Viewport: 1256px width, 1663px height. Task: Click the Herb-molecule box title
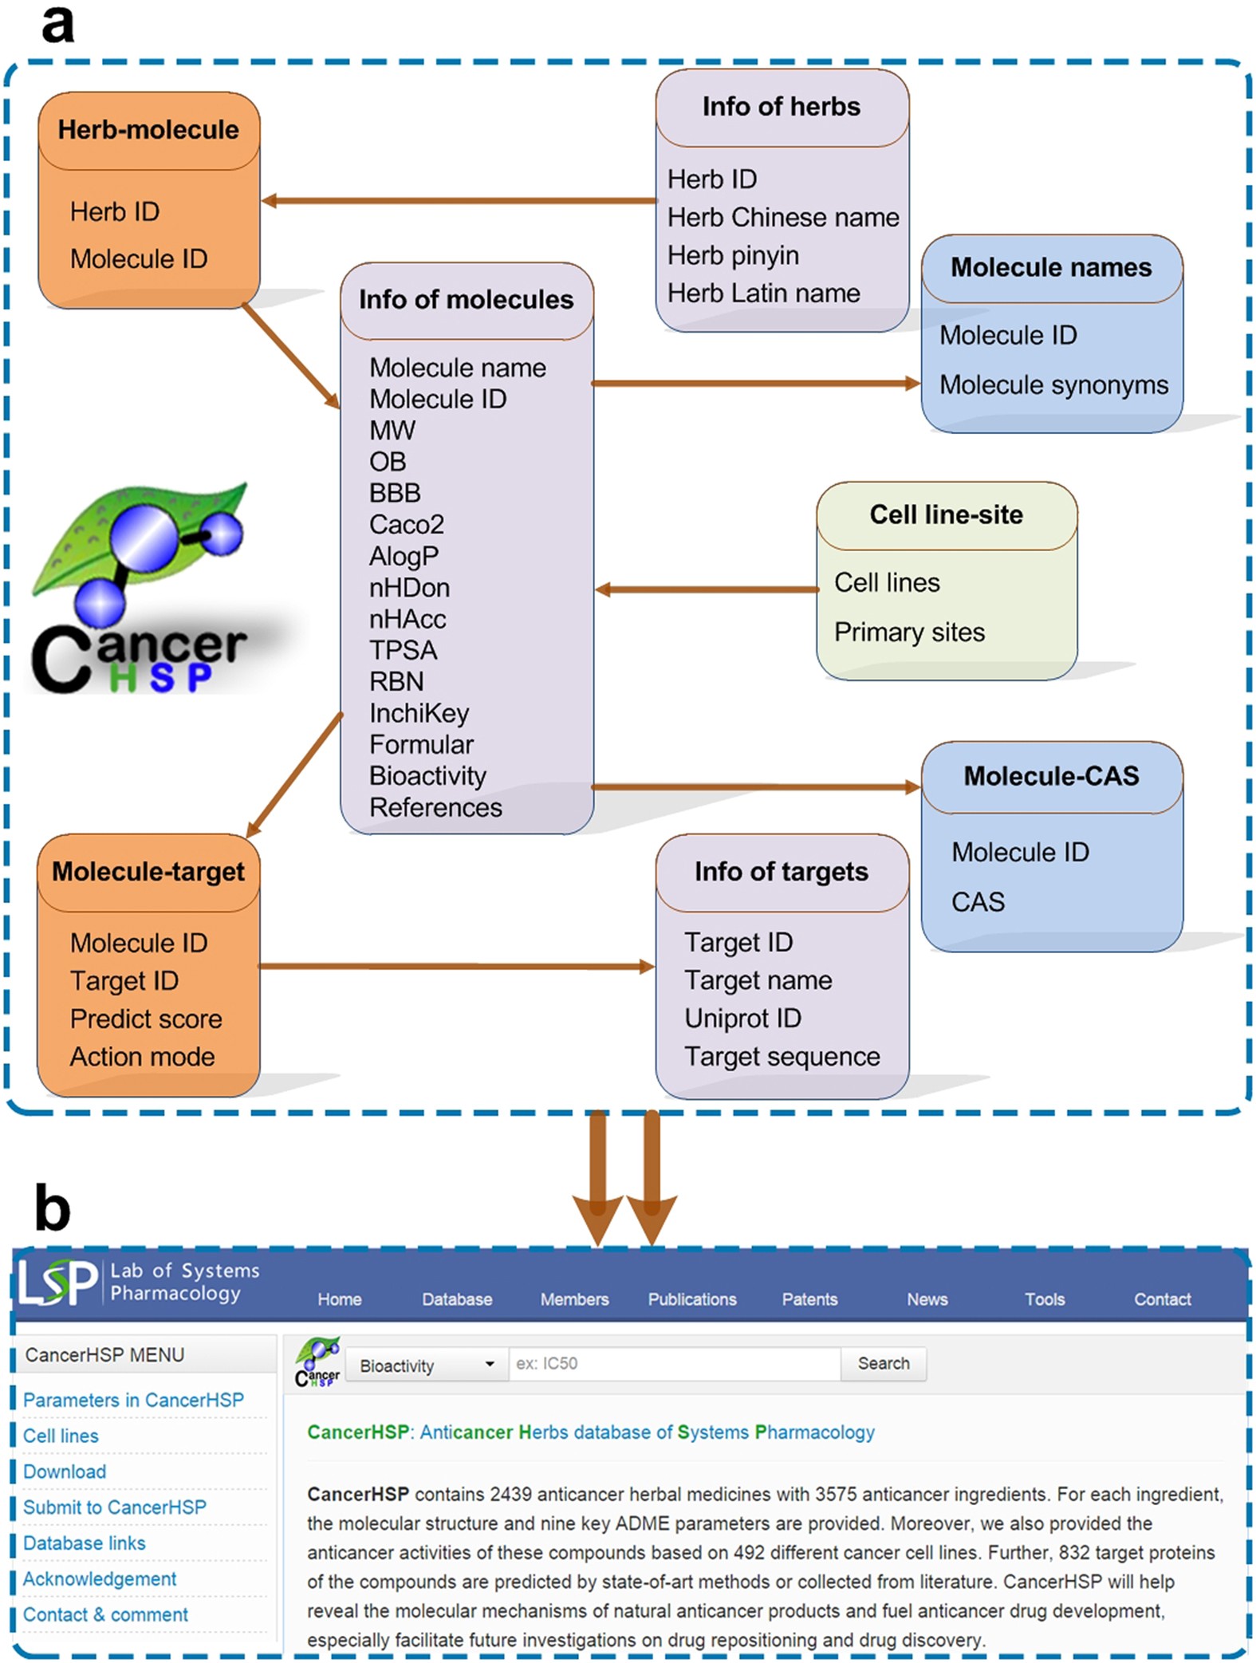point(148,130)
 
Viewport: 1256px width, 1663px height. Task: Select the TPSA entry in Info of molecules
point(403,651)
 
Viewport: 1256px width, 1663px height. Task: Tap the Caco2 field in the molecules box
point(406,525)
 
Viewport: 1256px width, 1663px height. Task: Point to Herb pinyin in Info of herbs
point(733,255)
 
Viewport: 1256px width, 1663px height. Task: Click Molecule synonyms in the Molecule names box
point(1053,384)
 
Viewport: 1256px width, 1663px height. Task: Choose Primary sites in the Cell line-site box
point(909,632)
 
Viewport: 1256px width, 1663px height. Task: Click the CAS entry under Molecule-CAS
point(978,902)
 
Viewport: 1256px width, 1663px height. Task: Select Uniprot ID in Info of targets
point(742,1019)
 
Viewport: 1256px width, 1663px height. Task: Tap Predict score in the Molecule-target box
point(146,1019)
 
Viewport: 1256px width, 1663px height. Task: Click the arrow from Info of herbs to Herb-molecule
point(459,201)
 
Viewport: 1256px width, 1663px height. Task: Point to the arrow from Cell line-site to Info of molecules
point(706,590)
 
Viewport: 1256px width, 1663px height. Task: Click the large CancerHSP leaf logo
point(140,586)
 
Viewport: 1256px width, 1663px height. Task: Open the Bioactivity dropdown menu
point(427,1365)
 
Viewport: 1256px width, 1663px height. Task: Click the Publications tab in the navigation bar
point(691,1299)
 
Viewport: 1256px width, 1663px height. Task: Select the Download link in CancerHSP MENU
point(65,1472)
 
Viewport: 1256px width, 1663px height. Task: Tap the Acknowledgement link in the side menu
point(100,1578)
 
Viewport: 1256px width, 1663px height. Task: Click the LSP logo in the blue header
point(57,1282)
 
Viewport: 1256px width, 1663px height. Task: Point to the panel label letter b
point(53,1208)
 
